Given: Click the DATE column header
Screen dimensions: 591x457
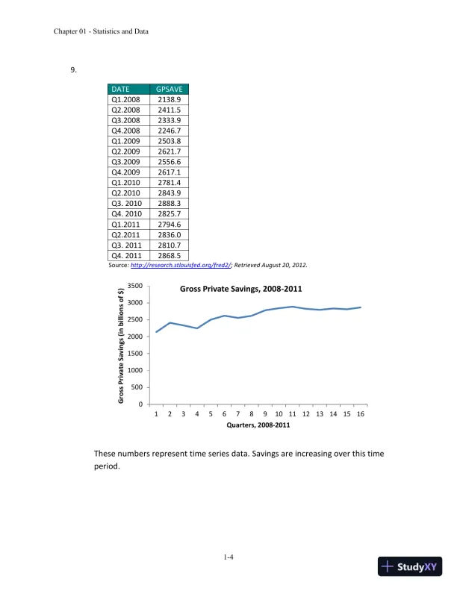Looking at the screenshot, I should [x=120, y=89].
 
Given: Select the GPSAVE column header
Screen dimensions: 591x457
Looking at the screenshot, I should [x=169, y=89].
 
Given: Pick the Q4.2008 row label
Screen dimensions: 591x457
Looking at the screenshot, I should [x=126, y=130].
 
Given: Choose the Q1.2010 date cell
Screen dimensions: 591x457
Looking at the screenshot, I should [x=126, y=182].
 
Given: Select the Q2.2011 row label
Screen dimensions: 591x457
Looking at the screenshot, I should [x=126, y=234].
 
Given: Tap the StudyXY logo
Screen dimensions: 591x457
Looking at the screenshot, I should [x=411, y=566].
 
